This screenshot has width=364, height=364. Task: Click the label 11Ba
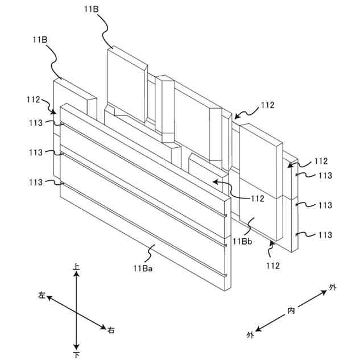142,268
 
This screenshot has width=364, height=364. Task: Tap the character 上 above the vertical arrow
76,266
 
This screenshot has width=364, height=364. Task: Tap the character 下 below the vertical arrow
76,355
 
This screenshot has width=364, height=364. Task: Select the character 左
42,295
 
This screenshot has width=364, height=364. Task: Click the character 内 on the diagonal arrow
291,311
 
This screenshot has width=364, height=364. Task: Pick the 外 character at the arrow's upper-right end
333,288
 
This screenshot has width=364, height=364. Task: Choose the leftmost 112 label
33,100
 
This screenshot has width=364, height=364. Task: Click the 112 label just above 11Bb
258,198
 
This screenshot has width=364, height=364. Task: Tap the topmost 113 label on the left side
35,122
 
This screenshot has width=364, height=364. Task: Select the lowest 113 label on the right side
325,235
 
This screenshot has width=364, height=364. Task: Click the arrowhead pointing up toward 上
76,274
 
